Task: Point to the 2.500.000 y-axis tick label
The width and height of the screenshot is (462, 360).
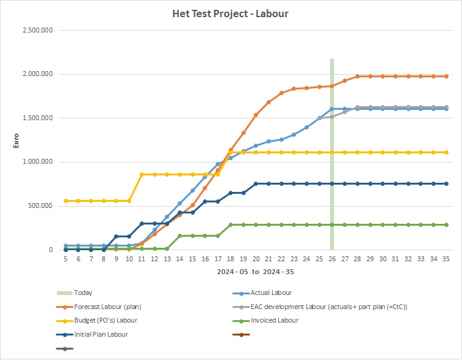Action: coord(38,30)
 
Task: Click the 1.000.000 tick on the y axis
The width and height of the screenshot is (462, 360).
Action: coord(38,162)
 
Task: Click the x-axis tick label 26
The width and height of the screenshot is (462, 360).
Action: coord(332,259)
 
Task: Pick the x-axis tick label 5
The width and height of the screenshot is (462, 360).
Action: coord(66,259)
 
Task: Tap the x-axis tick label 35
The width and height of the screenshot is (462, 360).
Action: coord(446,259)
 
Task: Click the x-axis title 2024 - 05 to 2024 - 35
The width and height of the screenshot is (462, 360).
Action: coord(256,271)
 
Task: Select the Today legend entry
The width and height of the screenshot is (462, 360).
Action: coord(83,293)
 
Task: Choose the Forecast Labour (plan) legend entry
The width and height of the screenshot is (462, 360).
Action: coord(106,307)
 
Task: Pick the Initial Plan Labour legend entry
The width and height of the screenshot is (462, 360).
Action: coord(102,334)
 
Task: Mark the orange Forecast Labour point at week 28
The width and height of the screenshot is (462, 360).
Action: coord(357,77)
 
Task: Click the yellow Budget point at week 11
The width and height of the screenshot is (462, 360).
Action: coord(142,174)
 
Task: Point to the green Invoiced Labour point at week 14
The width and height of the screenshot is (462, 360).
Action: coord(180,236)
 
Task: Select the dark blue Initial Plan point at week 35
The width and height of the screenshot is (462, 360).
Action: coord(446,183)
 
